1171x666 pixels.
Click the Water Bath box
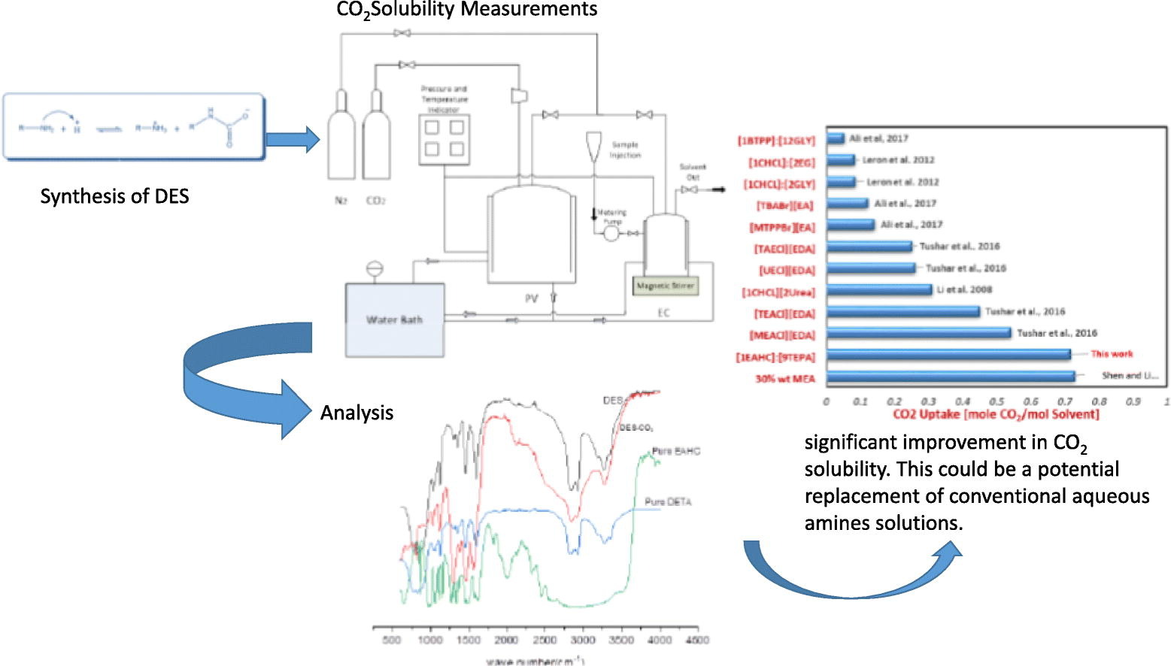pos(394,319)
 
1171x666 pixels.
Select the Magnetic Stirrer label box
pos(665,286)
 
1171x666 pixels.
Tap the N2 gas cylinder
pos(341,135)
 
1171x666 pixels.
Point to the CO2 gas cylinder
pos(375,135)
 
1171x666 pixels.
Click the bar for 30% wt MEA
pos(951,377)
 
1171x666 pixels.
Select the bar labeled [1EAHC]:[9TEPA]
pos(948,355)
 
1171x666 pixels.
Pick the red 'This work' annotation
pos(1112,353)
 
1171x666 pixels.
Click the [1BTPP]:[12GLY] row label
pos(776,141)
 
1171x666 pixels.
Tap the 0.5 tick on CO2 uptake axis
pos(997,401)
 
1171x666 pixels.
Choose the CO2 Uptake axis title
pos(996,414)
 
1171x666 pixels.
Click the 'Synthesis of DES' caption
pos(114,197)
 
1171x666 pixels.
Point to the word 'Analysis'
pos(356,413)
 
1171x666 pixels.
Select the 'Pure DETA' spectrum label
pos(667,501)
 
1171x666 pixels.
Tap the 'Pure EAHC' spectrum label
pos(675,451)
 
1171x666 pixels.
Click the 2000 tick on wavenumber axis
pos(506,640)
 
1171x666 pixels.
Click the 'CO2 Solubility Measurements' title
pos(466,10)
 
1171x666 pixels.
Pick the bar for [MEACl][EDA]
pos(918,334)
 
